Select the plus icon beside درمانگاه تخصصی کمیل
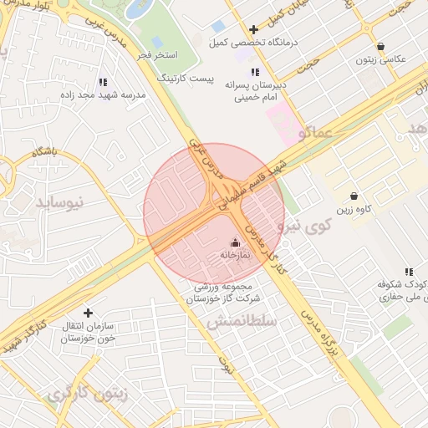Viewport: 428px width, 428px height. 253,30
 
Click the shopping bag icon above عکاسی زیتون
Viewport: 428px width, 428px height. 381,47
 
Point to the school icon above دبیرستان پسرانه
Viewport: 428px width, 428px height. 254,72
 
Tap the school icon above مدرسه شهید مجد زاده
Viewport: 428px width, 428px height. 102,82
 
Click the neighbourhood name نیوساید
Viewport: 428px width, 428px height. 60,202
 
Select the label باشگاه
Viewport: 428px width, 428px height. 43,151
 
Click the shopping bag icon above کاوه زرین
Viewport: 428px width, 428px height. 354,196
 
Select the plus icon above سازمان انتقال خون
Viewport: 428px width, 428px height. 88,313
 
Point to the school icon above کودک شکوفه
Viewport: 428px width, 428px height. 409,272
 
